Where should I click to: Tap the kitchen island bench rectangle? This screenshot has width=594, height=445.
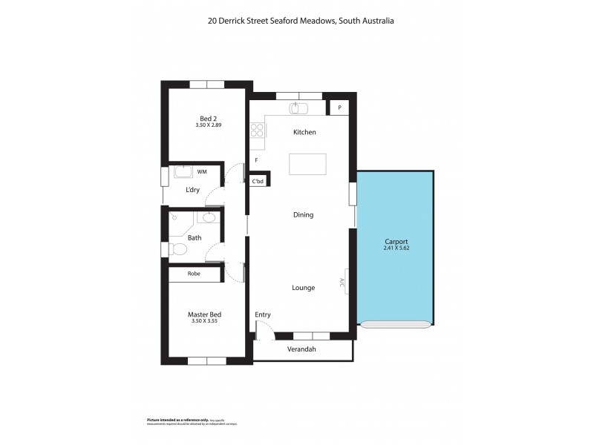307,164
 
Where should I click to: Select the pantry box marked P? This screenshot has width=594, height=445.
339,108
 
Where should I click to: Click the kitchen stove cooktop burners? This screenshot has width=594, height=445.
257,131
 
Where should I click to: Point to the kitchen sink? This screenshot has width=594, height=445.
299,109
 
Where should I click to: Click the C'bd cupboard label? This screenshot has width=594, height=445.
258,181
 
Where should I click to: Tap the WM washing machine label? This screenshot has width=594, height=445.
202,172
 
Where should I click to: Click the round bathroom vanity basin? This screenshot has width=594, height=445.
209,218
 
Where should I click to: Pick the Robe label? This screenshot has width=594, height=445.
194,274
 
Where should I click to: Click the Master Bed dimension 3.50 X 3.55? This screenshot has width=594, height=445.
204,321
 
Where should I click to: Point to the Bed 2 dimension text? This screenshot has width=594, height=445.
209,125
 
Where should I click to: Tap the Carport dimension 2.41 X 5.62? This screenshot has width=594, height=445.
396,248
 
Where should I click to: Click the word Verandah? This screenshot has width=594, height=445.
302,349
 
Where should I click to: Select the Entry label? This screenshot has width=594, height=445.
263,314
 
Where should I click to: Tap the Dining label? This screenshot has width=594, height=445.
303,215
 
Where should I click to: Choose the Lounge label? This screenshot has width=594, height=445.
303,288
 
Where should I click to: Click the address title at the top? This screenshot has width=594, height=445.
301,22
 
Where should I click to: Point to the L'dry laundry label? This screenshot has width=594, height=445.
192,190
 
